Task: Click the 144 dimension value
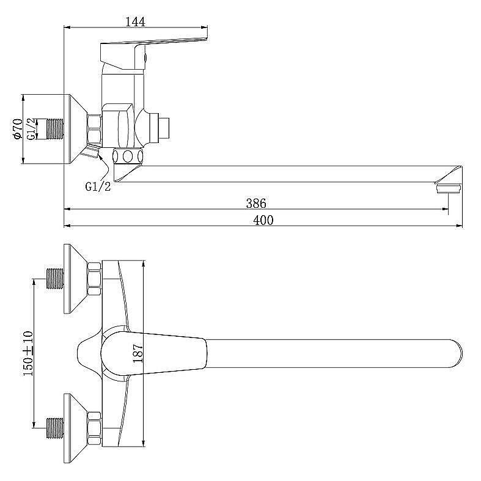click(x=135, y=22)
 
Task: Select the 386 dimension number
click(x=256, y=204)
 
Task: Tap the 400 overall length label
click(x=263, y=220)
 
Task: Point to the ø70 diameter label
click(x=18, y=129)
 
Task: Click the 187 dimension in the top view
click(x=138, y=353)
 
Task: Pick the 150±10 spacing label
click(x=28, y=353)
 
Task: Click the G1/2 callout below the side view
click(x=98, y=186)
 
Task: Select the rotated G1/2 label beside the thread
click(x=32, y=129)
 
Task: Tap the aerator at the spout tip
click(x=449, y=188)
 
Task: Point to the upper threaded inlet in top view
click(x=55, y=279)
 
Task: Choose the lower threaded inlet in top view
click(x=55, y=428)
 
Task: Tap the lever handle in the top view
click(x=153, y=353)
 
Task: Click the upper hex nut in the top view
click(x=94, y=279)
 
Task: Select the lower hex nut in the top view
click(x=94, y=428)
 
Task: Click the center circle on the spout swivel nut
click(x=128, y=156)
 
